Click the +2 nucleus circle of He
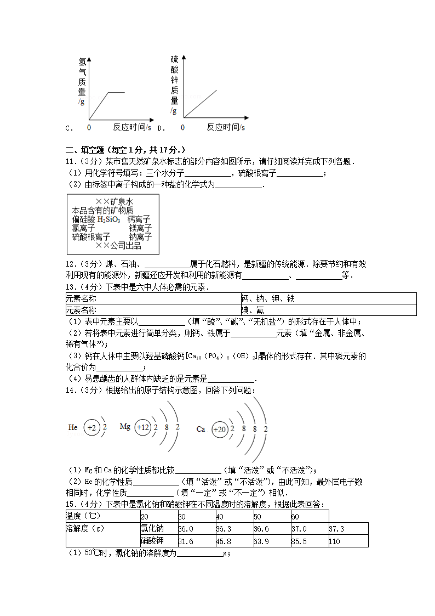(91, 427)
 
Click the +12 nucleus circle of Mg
(142, 427)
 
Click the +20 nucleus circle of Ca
(219, 429)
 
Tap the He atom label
(73, 427)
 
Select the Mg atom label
(125, 426)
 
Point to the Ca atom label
(201, 429)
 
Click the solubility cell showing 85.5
(309, 541)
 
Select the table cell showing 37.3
(348, 529)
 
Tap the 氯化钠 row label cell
(158, 529)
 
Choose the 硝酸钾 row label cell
(158, 541)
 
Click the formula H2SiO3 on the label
(108, 219)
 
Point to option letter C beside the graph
(68, 128)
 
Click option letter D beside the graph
(161, 128)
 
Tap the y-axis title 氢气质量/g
(82, 81)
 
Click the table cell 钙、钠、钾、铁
(328, 298)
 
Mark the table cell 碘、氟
(328, 310)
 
